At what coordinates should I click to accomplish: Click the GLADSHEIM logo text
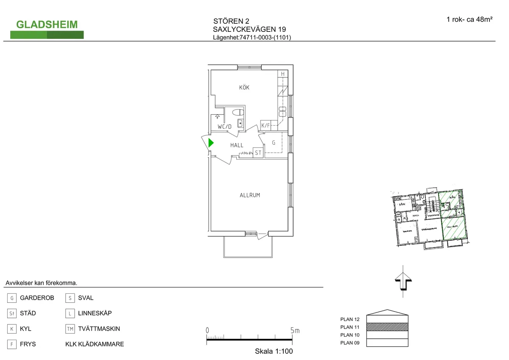coord(47,25)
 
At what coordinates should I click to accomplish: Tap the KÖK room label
coord(244,88)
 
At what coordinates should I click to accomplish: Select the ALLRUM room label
coord(249,195)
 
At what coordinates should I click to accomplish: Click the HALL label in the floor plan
coord(237,145)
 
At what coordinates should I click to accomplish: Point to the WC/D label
coord(224,127)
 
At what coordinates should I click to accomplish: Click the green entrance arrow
coord(211,143)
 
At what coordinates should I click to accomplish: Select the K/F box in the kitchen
coord(266,125)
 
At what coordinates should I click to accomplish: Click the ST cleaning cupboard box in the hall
coord(258,153)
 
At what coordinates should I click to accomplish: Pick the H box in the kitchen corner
coord(282,74)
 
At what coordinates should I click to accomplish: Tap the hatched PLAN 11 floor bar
coord(387,327)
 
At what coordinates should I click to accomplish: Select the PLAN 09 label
coord(350,343)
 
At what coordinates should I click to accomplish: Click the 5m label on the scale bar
coord(294,331)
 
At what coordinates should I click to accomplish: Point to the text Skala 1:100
coord(274,352)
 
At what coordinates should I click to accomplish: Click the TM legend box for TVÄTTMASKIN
coord(70,329)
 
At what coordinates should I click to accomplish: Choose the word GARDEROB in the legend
coord(37,298)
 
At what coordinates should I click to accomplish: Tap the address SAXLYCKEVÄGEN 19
coord(249,29)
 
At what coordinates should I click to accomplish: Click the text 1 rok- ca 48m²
coord(469,19)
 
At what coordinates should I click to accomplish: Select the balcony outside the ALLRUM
coord(249,246)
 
